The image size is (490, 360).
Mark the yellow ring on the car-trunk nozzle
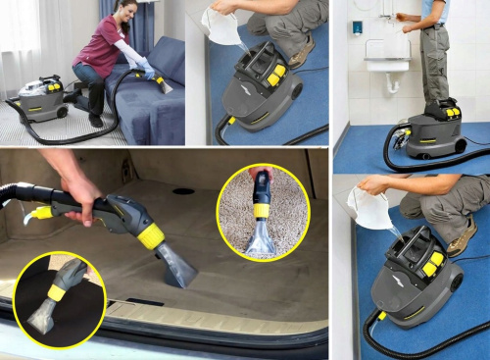151,235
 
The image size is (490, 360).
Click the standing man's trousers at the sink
433,64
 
